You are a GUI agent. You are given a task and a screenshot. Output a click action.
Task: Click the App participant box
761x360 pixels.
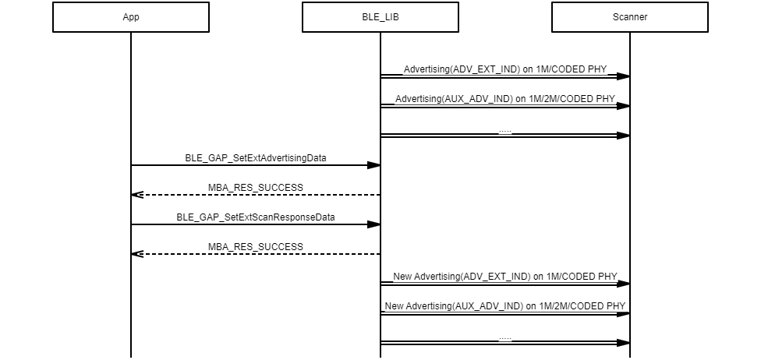coord(131,17)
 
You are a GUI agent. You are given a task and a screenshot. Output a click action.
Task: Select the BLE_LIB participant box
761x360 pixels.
coord(380,17)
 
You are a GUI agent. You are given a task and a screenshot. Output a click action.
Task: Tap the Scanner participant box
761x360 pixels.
coord(630,17)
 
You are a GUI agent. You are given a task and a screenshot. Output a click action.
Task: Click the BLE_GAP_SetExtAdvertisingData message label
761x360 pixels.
coord(256,157)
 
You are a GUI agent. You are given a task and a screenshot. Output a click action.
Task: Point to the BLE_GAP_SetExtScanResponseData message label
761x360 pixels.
coord(256,217)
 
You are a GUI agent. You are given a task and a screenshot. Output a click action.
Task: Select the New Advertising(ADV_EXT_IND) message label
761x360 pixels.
coord(505,276)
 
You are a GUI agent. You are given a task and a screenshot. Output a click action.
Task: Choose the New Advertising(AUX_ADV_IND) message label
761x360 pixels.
coord(505,305)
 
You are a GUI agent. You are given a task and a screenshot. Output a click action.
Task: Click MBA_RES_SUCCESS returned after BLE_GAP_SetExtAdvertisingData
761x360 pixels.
coord(256,187)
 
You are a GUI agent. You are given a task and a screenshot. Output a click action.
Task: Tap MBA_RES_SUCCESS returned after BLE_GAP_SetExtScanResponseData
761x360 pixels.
coord(256,246)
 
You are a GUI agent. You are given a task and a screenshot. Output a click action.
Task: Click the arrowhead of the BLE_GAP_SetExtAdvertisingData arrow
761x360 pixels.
coord(374,165)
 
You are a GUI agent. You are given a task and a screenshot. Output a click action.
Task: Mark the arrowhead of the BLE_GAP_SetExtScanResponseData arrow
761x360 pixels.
coord(374,224)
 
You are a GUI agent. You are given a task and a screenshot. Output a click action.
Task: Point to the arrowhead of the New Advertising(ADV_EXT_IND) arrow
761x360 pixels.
coord(623,284)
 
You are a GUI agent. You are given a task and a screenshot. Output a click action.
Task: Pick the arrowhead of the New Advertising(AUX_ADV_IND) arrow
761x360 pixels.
coord(623,313)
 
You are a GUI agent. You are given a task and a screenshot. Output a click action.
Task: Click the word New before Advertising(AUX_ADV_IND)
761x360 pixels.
coord(395,305)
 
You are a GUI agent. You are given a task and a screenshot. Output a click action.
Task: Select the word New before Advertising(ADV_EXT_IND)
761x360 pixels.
coord(402,276)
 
